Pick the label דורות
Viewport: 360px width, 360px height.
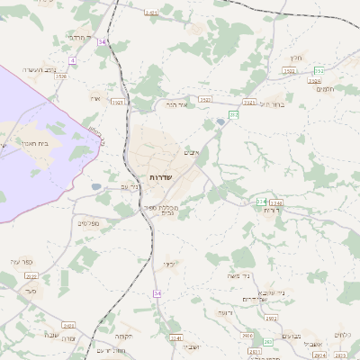pos(270,212)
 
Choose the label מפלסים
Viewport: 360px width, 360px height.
pos(88,223)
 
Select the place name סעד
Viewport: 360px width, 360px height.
pos(31,292)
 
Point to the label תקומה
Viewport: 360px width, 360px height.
pos(124,336)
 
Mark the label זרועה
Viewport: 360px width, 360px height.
pos(223,312)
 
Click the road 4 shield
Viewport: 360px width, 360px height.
pos(72,59)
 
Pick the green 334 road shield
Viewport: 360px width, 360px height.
pos(262,202)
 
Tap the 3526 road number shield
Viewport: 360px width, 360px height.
pos(315,81)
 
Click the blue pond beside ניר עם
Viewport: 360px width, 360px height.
pos(96,187)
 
